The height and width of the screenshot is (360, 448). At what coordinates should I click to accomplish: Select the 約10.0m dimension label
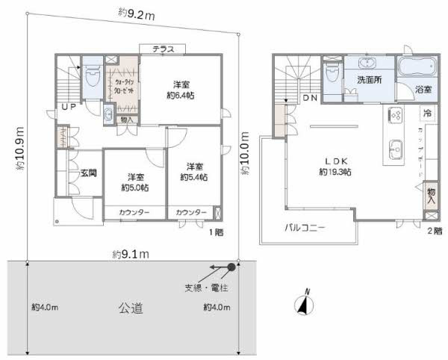pos(244,153)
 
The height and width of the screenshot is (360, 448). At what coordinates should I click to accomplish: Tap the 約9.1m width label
pos(131,254)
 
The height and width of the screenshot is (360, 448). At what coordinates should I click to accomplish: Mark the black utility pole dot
pos(231,267)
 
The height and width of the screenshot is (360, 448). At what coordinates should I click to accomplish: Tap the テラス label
pos(164,49)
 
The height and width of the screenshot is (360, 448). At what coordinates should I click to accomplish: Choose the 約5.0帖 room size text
pos(134,187)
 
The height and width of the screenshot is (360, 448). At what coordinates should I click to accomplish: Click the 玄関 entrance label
pos(89,173)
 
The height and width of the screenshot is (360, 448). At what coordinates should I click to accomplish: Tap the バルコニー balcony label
pos(303,228)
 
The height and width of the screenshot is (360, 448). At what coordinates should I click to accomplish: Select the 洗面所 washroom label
pos(370,79)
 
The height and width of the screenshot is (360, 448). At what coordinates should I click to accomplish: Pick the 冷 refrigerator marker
pos(427,114)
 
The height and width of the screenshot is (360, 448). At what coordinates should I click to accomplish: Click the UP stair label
pos(68,108)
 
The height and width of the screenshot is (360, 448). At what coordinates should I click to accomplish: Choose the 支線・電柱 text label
pos(206,286)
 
